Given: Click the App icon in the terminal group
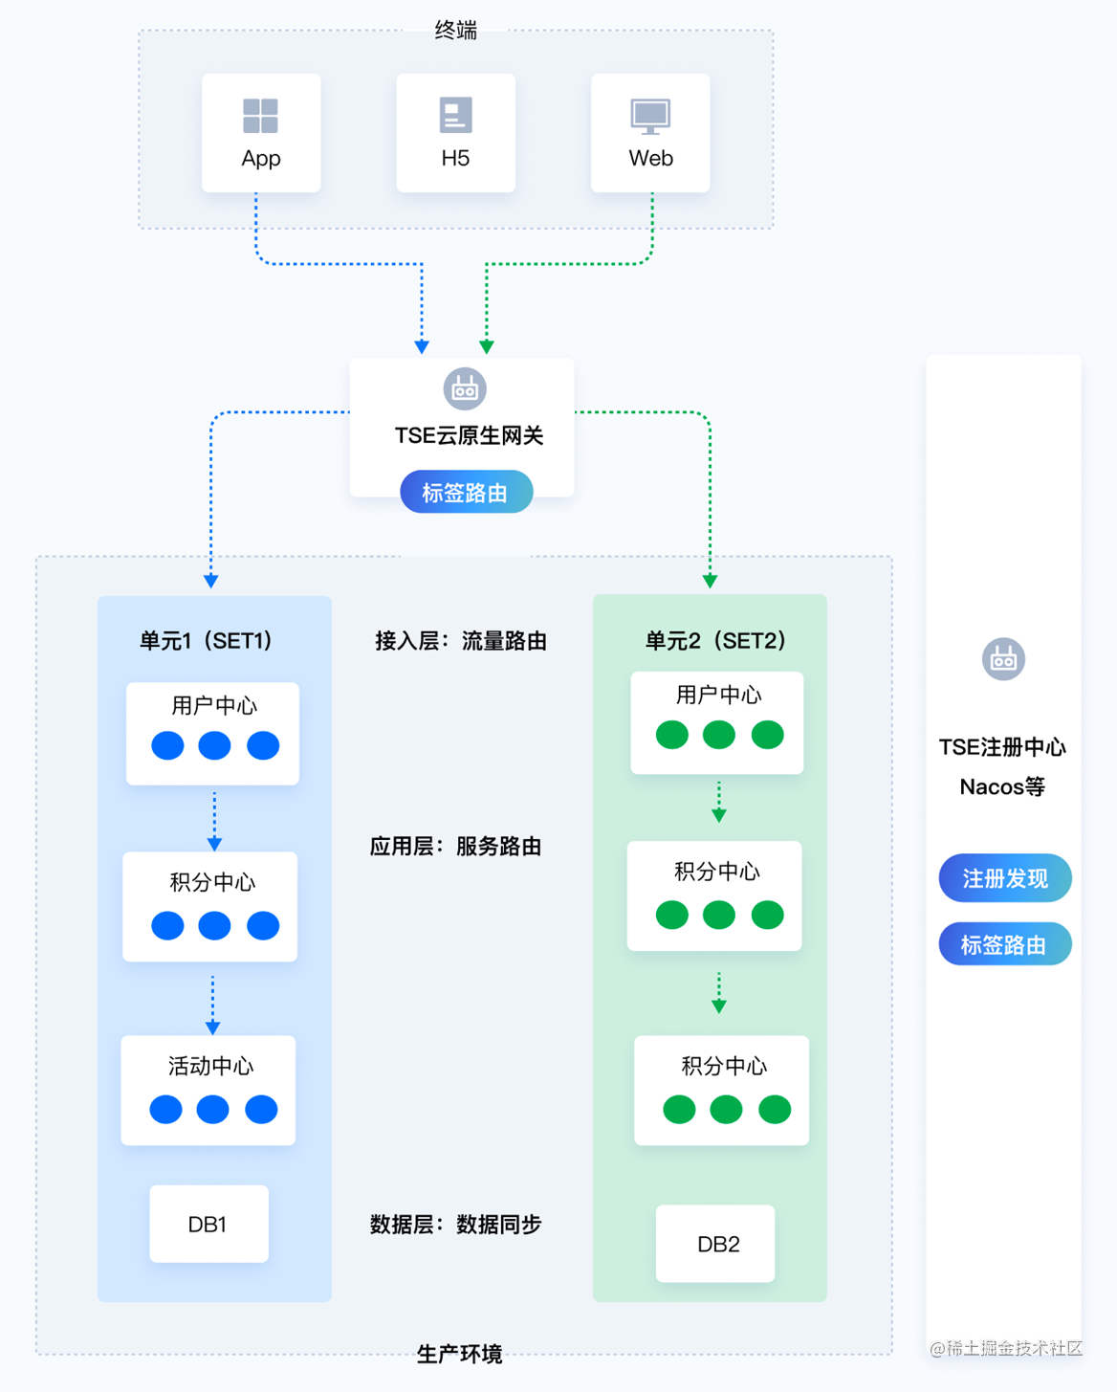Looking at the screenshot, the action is click(x=261, y=116).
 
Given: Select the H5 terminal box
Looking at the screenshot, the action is click(x=456, y=133).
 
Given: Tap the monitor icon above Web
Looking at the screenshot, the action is click(x=650, y=117).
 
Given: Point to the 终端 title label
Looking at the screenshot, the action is click(x=456, y=30).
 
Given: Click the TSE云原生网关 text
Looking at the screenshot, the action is click(x=469, y=435).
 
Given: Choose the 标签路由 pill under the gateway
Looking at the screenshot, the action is click(x=467, y=493).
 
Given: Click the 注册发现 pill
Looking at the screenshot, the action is click(x=1005, y=877).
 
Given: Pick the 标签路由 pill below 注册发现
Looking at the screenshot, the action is click(x=1005, y=943).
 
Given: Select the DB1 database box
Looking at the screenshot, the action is click(x=208, y=1224).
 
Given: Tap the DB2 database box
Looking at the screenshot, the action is click(x=715, y=1243).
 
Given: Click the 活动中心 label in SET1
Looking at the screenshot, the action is click(x=211, y=1066).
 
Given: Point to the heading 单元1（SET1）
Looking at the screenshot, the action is click(x=207, y=640).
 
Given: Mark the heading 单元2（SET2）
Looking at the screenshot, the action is click(x=716, y=640).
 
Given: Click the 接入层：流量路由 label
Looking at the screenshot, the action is click(x=461, y=640).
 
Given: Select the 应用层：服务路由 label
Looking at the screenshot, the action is click(x=456, y=846).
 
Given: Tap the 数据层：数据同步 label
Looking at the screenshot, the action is click(x=456, y=1224).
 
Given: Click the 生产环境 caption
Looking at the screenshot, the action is click(x=459, y=1353).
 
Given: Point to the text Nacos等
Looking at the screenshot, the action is click(x=1002, y=786).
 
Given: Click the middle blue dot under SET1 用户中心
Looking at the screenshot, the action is click(x=215, y=745).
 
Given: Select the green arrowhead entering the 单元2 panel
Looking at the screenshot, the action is click(x=711, y=581).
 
